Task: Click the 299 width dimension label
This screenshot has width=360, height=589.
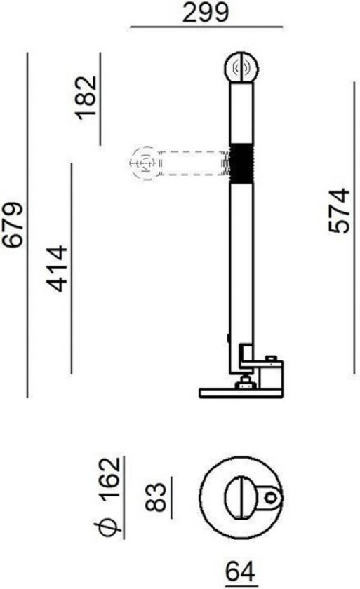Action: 205,13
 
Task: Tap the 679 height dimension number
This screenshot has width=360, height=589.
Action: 13,225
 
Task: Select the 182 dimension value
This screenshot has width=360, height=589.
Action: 87,97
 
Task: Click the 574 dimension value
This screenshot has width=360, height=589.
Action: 340,211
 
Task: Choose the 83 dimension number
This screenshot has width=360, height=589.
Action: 156,497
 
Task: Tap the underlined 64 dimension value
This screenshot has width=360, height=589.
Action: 241,571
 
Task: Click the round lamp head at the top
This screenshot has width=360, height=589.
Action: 241,68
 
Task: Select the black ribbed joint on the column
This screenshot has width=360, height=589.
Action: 241,163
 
